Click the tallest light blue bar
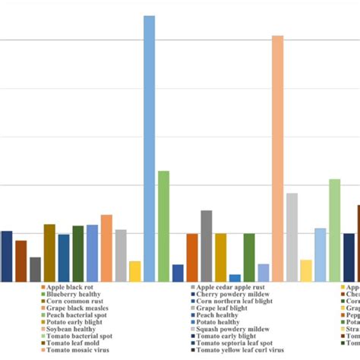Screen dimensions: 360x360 point(150,148)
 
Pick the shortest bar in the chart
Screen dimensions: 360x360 point(235,278)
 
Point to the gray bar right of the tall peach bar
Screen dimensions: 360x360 point(292,237)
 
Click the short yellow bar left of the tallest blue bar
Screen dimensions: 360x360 point(135,271)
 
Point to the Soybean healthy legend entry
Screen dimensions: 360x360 point(73,329)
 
